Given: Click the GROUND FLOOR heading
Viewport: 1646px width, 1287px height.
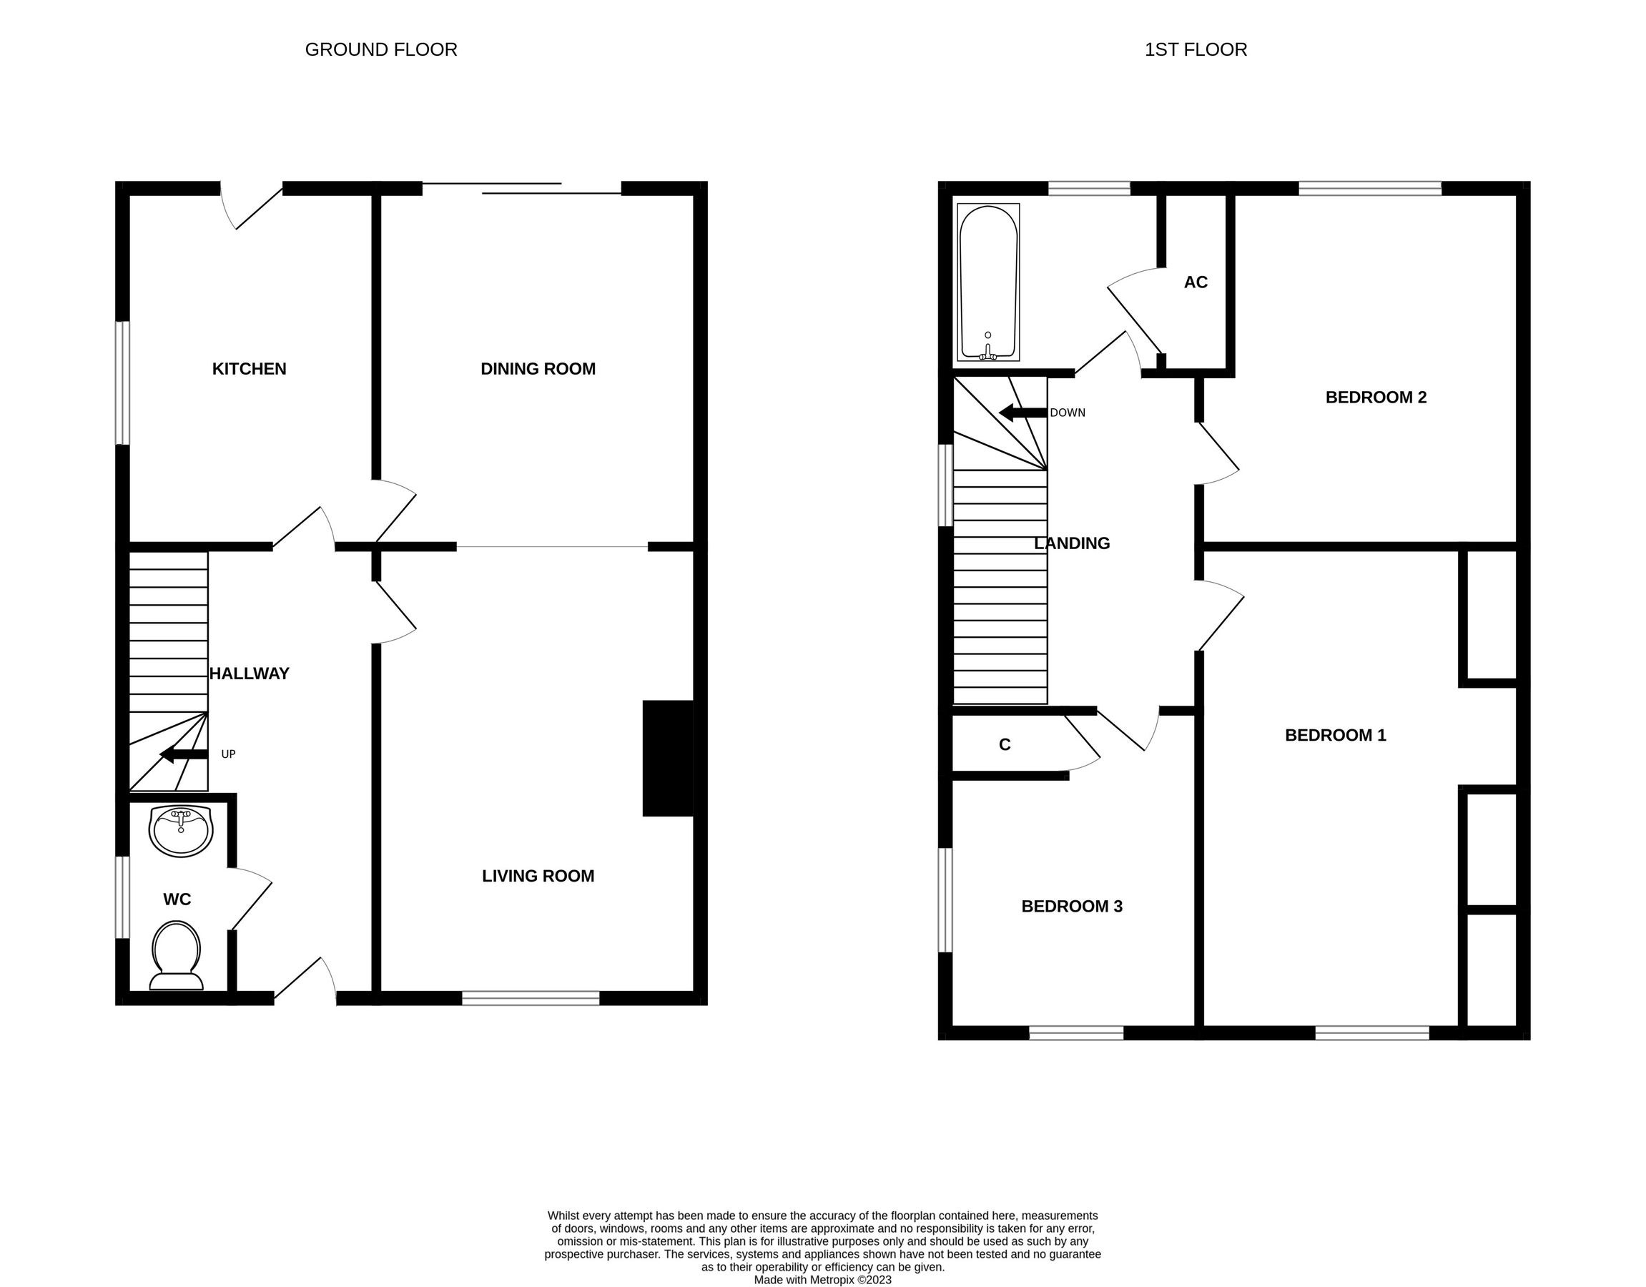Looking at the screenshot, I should pyautogui.click(x=380, y=50).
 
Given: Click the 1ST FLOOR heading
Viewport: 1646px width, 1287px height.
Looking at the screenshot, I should pyautogui.click(x=1196, y=50).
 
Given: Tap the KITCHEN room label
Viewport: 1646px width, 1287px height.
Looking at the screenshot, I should pyautogui.click(x=249, y=368).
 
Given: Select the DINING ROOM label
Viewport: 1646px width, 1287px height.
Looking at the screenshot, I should pyautogui.click(x=538, y=368).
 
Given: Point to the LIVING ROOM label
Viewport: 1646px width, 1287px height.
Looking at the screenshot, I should pyautogui.click(x=538, y=876).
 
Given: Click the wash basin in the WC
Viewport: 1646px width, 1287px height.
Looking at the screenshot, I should pyautogui.click(x=181, y=830).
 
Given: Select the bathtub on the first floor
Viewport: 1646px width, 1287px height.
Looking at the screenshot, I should pyautogui.click(x=988, y=282).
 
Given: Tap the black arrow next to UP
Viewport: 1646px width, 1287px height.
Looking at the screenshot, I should pyautogui.click(x=183, y=754).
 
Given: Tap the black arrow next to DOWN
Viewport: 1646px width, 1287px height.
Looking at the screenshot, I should pyautogui.click(x=1022, y=412).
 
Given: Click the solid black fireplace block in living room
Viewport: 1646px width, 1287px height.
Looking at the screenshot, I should pyautogui.click(x=667, y=758).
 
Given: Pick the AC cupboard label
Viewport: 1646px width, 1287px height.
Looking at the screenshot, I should pyautogui.click(x=1196, y=282).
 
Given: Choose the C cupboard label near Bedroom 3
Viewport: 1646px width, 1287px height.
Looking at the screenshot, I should pyautogui.click(x=1005, y=744).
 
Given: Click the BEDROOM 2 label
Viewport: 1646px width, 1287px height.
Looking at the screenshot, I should pyautogui.click(x=1376, y=397).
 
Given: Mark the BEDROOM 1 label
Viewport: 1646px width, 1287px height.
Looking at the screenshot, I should pyautogui.click(x=1335, y=735).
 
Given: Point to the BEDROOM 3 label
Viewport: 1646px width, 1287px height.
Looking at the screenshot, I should pyautogui.click(x=1071, y=906).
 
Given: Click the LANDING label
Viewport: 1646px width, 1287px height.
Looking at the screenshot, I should pyautogui.click(x=1071, y=543).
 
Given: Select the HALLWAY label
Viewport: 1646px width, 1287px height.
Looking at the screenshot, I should pyautogui.click(x=249, y=674).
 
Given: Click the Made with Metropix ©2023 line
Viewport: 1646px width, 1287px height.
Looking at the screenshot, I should pyautogui.click(x=822, y=1279).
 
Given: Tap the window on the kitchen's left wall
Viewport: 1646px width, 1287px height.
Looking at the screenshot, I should pyautogui.click(x=122, y=383).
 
